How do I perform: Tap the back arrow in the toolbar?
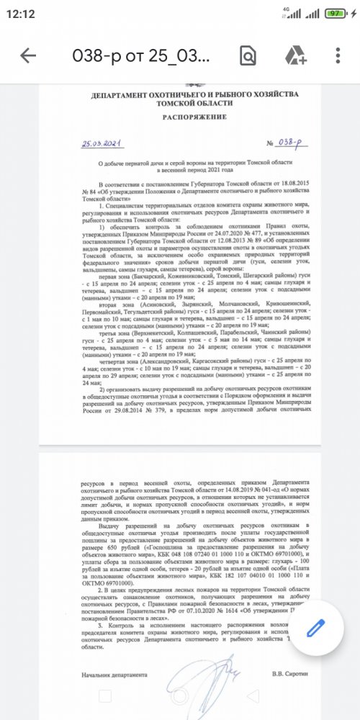point(28,55)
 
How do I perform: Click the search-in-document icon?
point(248,55)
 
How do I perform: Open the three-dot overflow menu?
point(338,55)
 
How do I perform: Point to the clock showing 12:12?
point(24,13)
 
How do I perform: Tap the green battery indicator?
point(333,13)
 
